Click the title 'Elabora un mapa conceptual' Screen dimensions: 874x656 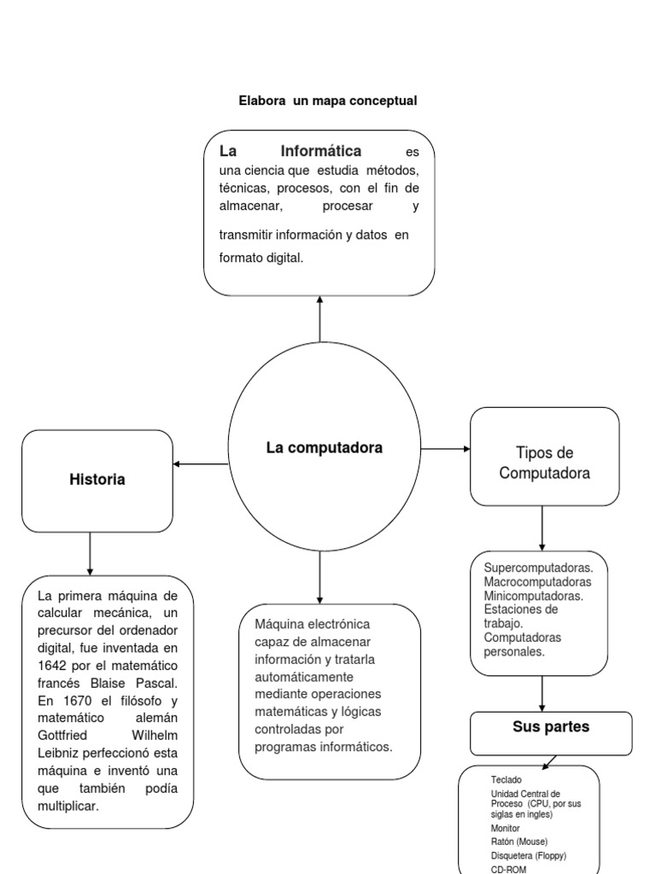(x=328, y=101)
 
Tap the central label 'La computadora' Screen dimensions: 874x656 (x=325, y=447)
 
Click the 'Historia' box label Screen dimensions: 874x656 (x=97, y=480)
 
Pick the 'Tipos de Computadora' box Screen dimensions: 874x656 (x=545, y=463)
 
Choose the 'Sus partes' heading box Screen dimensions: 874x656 (x=551, y=728)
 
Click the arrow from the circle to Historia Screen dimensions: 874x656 (x=201, y=464)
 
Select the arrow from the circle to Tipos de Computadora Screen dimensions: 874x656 (x=445, y=448)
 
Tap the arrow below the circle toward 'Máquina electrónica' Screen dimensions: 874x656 (x=319, y=577)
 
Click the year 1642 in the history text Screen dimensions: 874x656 (x=53, y=665)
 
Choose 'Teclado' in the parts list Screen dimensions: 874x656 (x=507, y=780)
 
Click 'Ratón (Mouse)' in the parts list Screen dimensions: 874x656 (x=521, y=842)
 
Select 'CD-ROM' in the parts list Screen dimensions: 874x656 (x=510, y=869)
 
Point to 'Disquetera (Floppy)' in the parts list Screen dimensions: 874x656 (x=529, y=855)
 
